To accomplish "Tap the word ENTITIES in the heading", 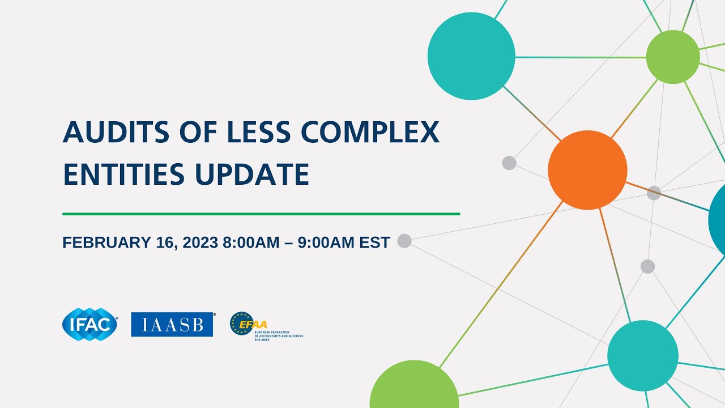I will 124,174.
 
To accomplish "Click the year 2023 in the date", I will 201,243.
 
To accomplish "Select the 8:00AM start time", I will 251,243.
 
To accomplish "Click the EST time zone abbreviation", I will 375,243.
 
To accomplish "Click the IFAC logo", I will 90,324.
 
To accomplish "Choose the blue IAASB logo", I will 172,324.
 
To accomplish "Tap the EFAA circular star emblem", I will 241,324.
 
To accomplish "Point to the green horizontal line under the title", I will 261,214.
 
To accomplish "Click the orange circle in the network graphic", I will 587,170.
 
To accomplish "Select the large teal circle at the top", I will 471,56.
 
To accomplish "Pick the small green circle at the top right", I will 673,57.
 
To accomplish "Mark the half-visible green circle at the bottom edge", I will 414,388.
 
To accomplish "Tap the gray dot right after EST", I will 404,241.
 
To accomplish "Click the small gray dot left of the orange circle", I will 509,163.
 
